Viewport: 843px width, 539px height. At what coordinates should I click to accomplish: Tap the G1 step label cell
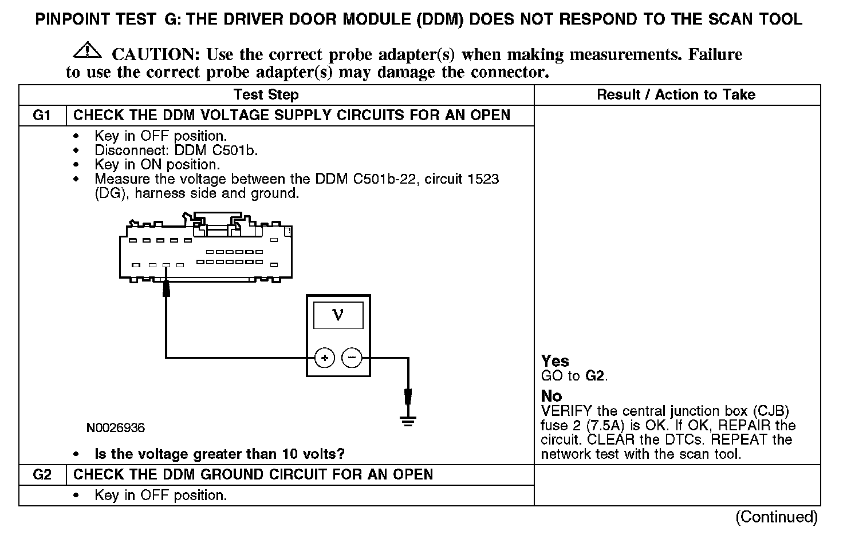point(42,115)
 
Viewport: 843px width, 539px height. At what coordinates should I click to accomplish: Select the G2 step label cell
point(42,474)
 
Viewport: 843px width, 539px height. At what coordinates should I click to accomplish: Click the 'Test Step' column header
point(266,95)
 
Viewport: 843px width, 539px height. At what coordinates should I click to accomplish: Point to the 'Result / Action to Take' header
point(676,95)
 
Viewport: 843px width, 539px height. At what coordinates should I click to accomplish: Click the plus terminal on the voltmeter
point(325,358)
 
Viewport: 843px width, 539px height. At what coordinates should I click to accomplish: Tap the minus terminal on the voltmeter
point(352,358)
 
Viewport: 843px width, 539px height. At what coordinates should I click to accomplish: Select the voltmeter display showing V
point(338,315)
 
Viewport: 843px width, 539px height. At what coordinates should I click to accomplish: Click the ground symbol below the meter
point(408,422)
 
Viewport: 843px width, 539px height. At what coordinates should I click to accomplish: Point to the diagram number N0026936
point(116,427)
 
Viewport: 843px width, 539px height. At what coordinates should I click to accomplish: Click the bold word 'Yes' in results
point(555,361)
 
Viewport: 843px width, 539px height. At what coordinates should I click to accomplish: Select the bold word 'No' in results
point(552,396)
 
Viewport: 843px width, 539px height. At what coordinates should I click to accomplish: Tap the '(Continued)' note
point(777,517)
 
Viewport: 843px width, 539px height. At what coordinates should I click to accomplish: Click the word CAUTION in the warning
point(155,54)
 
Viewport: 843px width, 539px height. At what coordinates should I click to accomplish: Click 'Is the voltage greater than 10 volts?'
point(219,454)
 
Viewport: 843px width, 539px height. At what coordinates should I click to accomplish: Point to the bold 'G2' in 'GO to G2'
point(595,376)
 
